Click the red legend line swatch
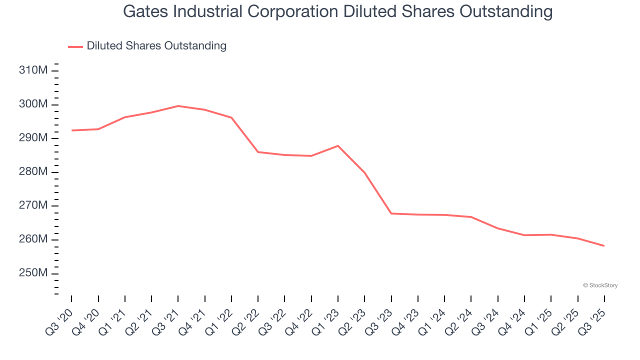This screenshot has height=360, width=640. point(75,46)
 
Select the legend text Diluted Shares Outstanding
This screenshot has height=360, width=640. point(156,46)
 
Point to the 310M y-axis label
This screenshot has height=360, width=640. point(33,70)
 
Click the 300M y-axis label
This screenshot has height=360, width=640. point(33,104)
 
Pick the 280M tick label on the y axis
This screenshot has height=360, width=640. point(33,172)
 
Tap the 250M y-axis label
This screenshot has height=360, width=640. point(33,273)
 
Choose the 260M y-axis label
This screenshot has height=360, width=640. point(33,239)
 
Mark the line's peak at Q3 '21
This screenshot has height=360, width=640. point(178,106)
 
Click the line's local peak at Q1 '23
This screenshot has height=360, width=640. point(338,145)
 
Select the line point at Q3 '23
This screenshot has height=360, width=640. point(391,213)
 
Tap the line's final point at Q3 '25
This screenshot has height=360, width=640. point(604,245)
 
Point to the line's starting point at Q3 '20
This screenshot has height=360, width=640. point(71,130)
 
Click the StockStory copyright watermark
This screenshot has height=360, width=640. point(600,285)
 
